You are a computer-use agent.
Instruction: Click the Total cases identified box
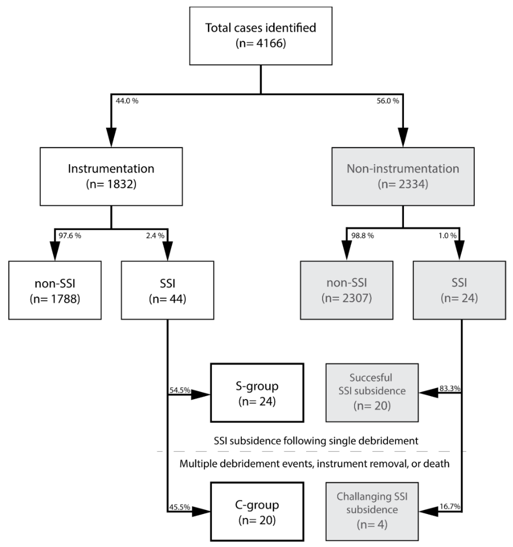261,36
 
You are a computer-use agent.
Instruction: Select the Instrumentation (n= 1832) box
111,176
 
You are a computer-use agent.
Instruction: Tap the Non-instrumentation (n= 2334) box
403,176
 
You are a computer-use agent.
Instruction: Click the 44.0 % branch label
127,101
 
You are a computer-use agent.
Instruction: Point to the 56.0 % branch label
388,101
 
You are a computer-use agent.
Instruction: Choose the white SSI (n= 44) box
167,290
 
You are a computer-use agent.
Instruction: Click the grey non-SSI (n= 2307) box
346,290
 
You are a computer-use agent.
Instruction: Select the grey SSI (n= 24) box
459,290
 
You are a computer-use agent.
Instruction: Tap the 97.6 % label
70,236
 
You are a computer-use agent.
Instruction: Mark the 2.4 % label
155,236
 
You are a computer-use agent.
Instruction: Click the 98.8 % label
363,236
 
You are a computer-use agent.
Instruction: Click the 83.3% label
450,389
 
